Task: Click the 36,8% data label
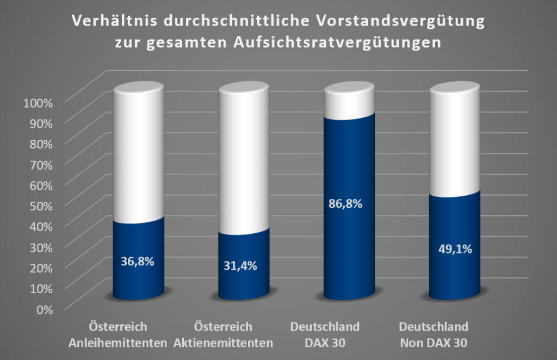[138, 261]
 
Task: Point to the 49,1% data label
[455, 249]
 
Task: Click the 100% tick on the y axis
[38, 103]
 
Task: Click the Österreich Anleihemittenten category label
[127, 335]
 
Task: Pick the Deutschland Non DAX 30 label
[434, 335]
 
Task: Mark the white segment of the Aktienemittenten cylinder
[244, 158]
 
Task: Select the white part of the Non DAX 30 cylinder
[455, 141]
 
